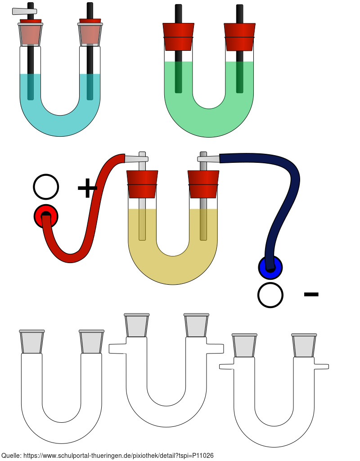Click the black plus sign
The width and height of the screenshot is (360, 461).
pyautogui.click(x=87, y=188)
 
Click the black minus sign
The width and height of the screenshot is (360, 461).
pyautogui.click(x=311, y=295)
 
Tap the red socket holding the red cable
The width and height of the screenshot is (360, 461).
pyautogui.click(x=46, y=217)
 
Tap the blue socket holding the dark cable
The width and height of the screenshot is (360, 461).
pyautogui.click(x=270, y=267)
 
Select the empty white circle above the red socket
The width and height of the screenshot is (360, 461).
pyautogui.click(x=46, y=187)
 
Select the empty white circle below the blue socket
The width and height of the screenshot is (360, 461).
pyautogui.click(x=270, y=295)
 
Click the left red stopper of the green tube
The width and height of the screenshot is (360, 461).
pyautogui.click(x=178, y=37)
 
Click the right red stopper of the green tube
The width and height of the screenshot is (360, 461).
pyautogui.click(x=239, y=37)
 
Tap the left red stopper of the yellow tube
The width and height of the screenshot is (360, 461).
pyautogui.click(x=142, y=184)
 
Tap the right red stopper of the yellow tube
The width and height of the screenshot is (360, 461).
pyautogui.click(x=203, y=184)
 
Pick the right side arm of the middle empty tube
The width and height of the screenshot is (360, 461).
pyautogui.click(x=216, y=349)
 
